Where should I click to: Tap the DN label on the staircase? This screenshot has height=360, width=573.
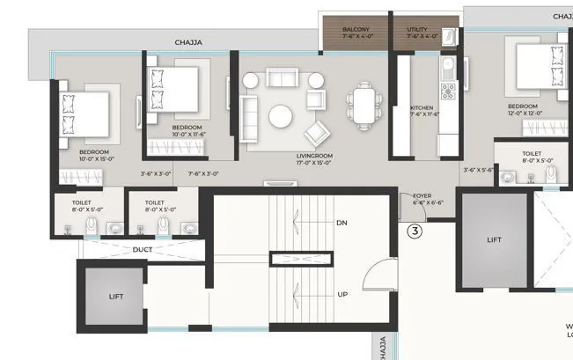342,224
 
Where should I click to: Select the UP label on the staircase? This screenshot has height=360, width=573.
342,294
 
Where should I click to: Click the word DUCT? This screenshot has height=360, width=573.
143,250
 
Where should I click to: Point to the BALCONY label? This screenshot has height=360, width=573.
356,29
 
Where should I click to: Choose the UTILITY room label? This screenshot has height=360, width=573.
417,29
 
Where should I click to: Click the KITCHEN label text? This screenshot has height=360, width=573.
422,108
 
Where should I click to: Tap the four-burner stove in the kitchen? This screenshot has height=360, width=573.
447,89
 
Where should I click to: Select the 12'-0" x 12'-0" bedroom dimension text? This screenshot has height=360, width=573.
523,114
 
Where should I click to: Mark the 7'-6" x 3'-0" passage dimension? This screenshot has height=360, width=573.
203,174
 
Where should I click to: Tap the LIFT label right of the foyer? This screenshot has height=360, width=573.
496,239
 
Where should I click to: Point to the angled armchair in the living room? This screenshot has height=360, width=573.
316,134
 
